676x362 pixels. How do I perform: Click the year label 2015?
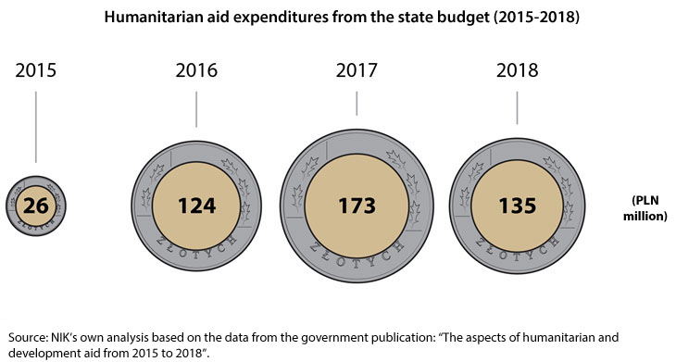pos(35,71)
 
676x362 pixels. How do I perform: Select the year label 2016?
pos(196,71)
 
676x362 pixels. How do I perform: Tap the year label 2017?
pos(357,71)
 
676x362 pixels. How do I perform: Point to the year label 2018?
pos(517,71)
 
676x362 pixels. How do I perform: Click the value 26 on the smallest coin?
pos(36,205)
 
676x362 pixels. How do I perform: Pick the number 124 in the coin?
pos(196,205)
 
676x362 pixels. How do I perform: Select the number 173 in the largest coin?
pos(357,205)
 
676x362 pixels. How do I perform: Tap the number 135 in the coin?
pos(517,205)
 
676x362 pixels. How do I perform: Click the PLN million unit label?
pos(649,208)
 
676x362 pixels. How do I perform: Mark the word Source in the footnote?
pos(28,337)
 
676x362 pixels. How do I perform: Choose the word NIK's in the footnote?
pos(71,337)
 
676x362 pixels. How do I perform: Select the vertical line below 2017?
pos(357,103)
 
